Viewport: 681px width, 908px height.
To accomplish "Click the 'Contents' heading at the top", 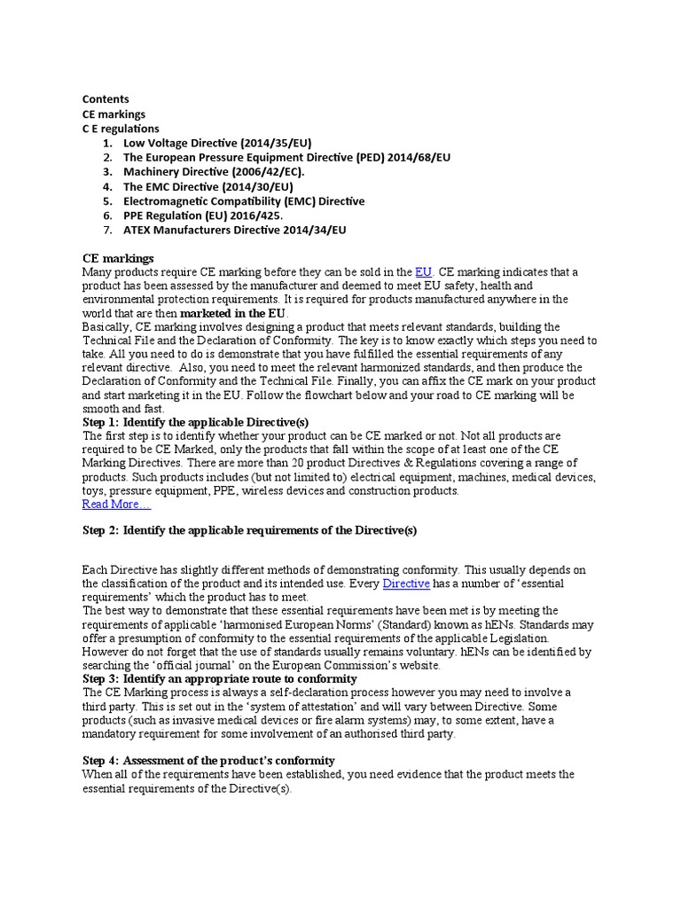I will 106,99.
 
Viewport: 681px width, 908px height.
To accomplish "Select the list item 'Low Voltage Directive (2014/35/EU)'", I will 217,143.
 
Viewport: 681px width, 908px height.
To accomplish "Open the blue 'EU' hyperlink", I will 424,271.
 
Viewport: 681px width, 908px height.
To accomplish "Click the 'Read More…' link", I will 116,504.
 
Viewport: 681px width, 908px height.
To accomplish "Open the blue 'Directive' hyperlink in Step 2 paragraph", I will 406,583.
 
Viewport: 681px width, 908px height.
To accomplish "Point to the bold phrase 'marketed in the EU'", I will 234,314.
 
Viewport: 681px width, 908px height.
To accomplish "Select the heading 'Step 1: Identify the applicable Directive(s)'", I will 195,422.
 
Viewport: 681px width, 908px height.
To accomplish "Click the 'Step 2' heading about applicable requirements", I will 249,530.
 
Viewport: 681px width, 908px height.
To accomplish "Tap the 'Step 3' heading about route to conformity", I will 219,678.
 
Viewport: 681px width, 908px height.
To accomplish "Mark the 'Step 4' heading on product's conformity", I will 208,760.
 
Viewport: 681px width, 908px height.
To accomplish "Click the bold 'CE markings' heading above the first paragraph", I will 118,257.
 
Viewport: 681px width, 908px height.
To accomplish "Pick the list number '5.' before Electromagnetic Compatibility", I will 107,200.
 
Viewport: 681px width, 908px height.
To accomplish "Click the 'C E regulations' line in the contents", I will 121,129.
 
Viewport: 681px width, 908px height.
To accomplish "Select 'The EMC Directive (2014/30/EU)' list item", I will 207,186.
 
